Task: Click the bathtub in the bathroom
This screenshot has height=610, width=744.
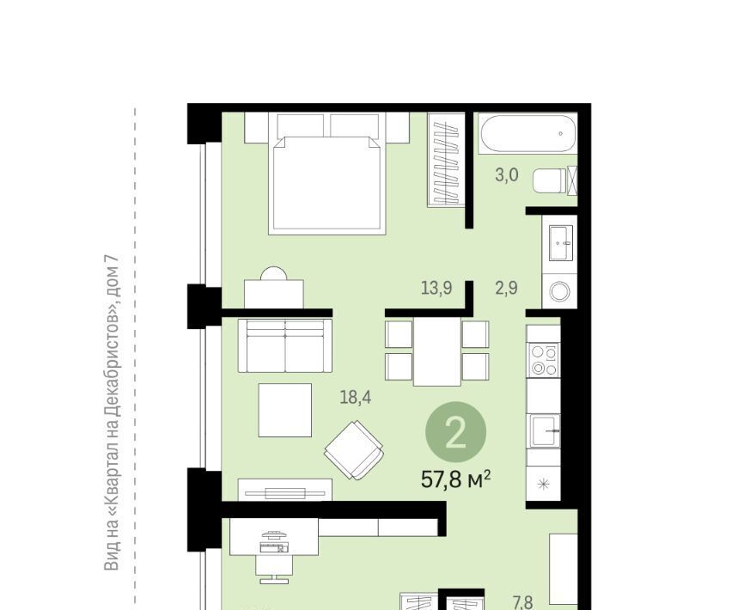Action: coord(528,133)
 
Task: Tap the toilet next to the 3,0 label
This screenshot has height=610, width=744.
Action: coord(551,180)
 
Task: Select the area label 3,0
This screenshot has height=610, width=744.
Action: coord(506,175)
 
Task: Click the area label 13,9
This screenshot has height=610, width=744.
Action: coord(436,288)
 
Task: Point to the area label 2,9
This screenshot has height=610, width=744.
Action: coord(506,288)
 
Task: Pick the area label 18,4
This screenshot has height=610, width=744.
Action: coord(356,397)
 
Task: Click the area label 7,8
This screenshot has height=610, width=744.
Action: coord(522,602)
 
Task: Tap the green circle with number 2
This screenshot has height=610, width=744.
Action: coord(455,432)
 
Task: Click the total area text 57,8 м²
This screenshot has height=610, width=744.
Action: coord(455,479)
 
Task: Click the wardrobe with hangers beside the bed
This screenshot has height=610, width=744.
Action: coord(446,160)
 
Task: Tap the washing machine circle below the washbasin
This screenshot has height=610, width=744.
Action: coord(560,291)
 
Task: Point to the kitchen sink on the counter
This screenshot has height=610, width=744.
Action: coord(546,431)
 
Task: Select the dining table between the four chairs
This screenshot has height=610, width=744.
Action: coord(437,351)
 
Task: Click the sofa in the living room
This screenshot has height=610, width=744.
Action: coord(284,345)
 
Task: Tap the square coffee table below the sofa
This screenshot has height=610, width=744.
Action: coord(284,411)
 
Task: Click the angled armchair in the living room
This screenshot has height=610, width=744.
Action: coord(354,450)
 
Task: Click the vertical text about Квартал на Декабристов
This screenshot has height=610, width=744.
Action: coord(111,413)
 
